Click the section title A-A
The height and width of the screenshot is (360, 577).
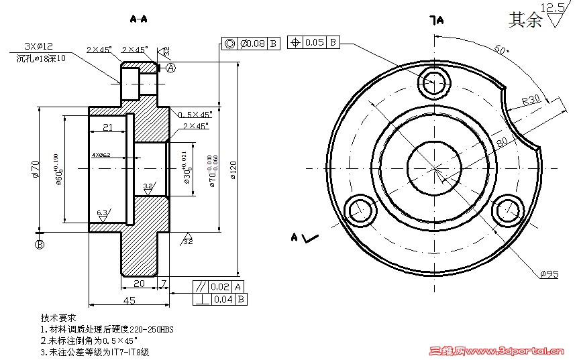139,20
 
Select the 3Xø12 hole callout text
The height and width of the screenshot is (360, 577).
38,46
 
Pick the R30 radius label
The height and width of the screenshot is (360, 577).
531,99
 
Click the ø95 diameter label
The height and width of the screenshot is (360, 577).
549,274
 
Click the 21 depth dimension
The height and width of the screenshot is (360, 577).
107,127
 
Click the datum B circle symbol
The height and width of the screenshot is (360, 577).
40,244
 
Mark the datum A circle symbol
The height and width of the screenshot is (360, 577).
170,68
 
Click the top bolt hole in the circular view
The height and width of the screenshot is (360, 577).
434,83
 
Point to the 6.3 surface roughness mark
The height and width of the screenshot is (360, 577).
103,213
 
